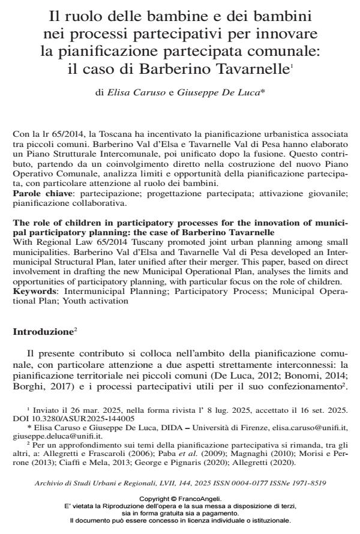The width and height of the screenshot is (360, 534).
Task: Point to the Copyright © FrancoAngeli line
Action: (x=180, y=498)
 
